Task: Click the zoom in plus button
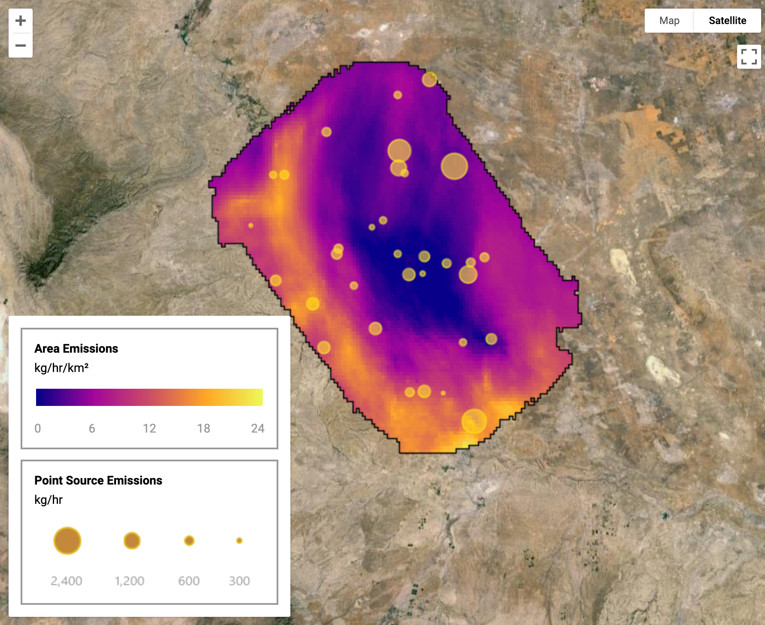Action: click(x=21, y=21)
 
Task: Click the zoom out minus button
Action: click(x=21, y=45)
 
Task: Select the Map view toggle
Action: click(x=669, y=21)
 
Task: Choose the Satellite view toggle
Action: click(x=727, y=21)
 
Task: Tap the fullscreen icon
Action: click(x=749, y=57)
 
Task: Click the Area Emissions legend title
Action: click(x=76, y=348)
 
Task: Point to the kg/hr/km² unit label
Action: click(x=61, y=368)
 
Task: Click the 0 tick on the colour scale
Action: click(x=38, y=428)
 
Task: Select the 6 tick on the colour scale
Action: click(x=92, y=428)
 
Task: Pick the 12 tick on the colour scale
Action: click(x=149, y=428)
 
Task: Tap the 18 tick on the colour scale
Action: click(x=204, y=428)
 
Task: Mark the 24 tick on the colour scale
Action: click(x=258, y=428)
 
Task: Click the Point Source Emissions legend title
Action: click(x=98, y=480)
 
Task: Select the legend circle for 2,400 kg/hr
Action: click(x=67, y=540)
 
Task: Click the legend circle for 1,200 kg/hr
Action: click(x=132, y=540)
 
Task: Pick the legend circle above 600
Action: click(x=189, y=540)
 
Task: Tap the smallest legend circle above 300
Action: click(x=239, y=540)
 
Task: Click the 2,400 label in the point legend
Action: click(x=67, y=581)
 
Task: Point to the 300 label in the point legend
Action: click(x=239, y=581)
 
